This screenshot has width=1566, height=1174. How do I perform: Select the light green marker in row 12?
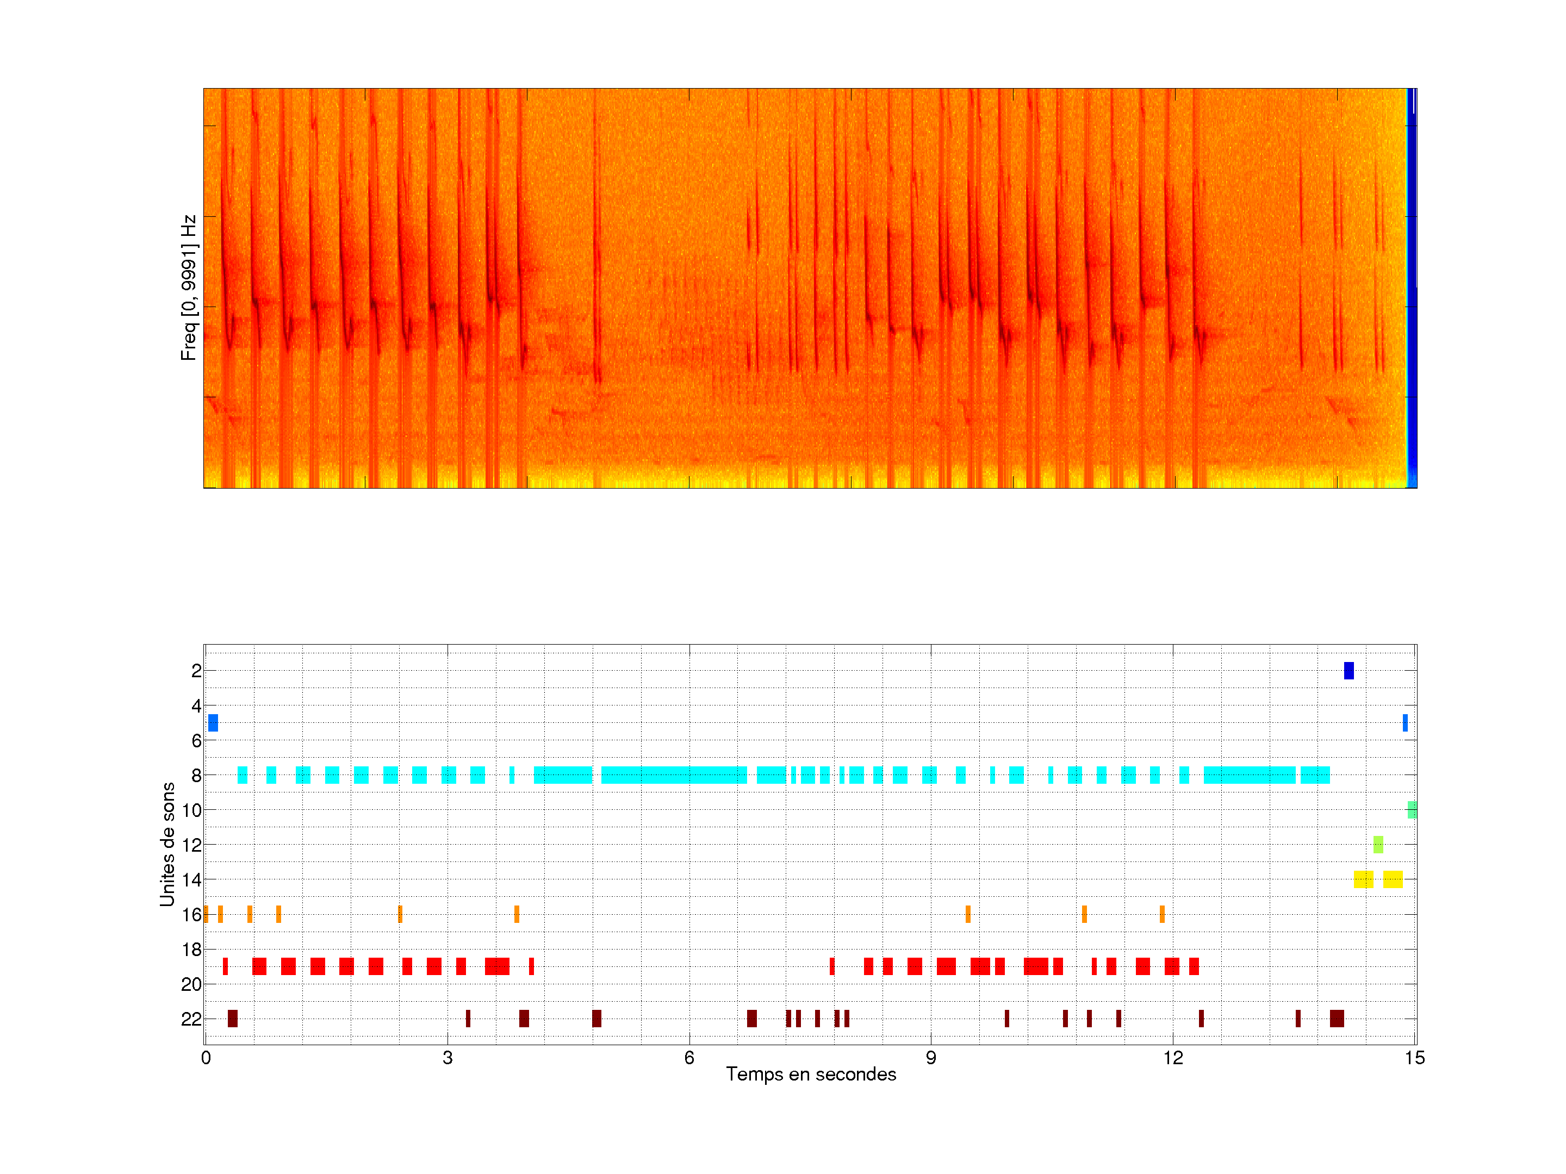(1378, 844)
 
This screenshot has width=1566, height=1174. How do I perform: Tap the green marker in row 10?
(1412, 809)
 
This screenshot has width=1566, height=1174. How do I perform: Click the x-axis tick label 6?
(689, 1058)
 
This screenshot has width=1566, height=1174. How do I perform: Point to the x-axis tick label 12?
(1172, 1058)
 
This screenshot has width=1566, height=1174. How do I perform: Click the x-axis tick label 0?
(206, 1058)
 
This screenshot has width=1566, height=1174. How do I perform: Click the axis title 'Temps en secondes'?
(811, 1074)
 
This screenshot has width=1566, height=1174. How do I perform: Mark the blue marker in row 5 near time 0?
(213, 722)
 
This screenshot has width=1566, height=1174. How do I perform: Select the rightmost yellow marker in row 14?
(1393, 879)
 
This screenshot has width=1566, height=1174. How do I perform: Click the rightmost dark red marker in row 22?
(1337, 1019)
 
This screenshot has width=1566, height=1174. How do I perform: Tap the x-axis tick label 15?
(1414, 1058)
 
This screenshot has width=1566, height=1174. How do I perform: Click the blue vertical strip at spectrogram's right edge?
(1411, 283)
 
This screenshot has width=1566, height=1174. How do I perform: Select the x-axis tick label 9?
(931, 1058)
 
